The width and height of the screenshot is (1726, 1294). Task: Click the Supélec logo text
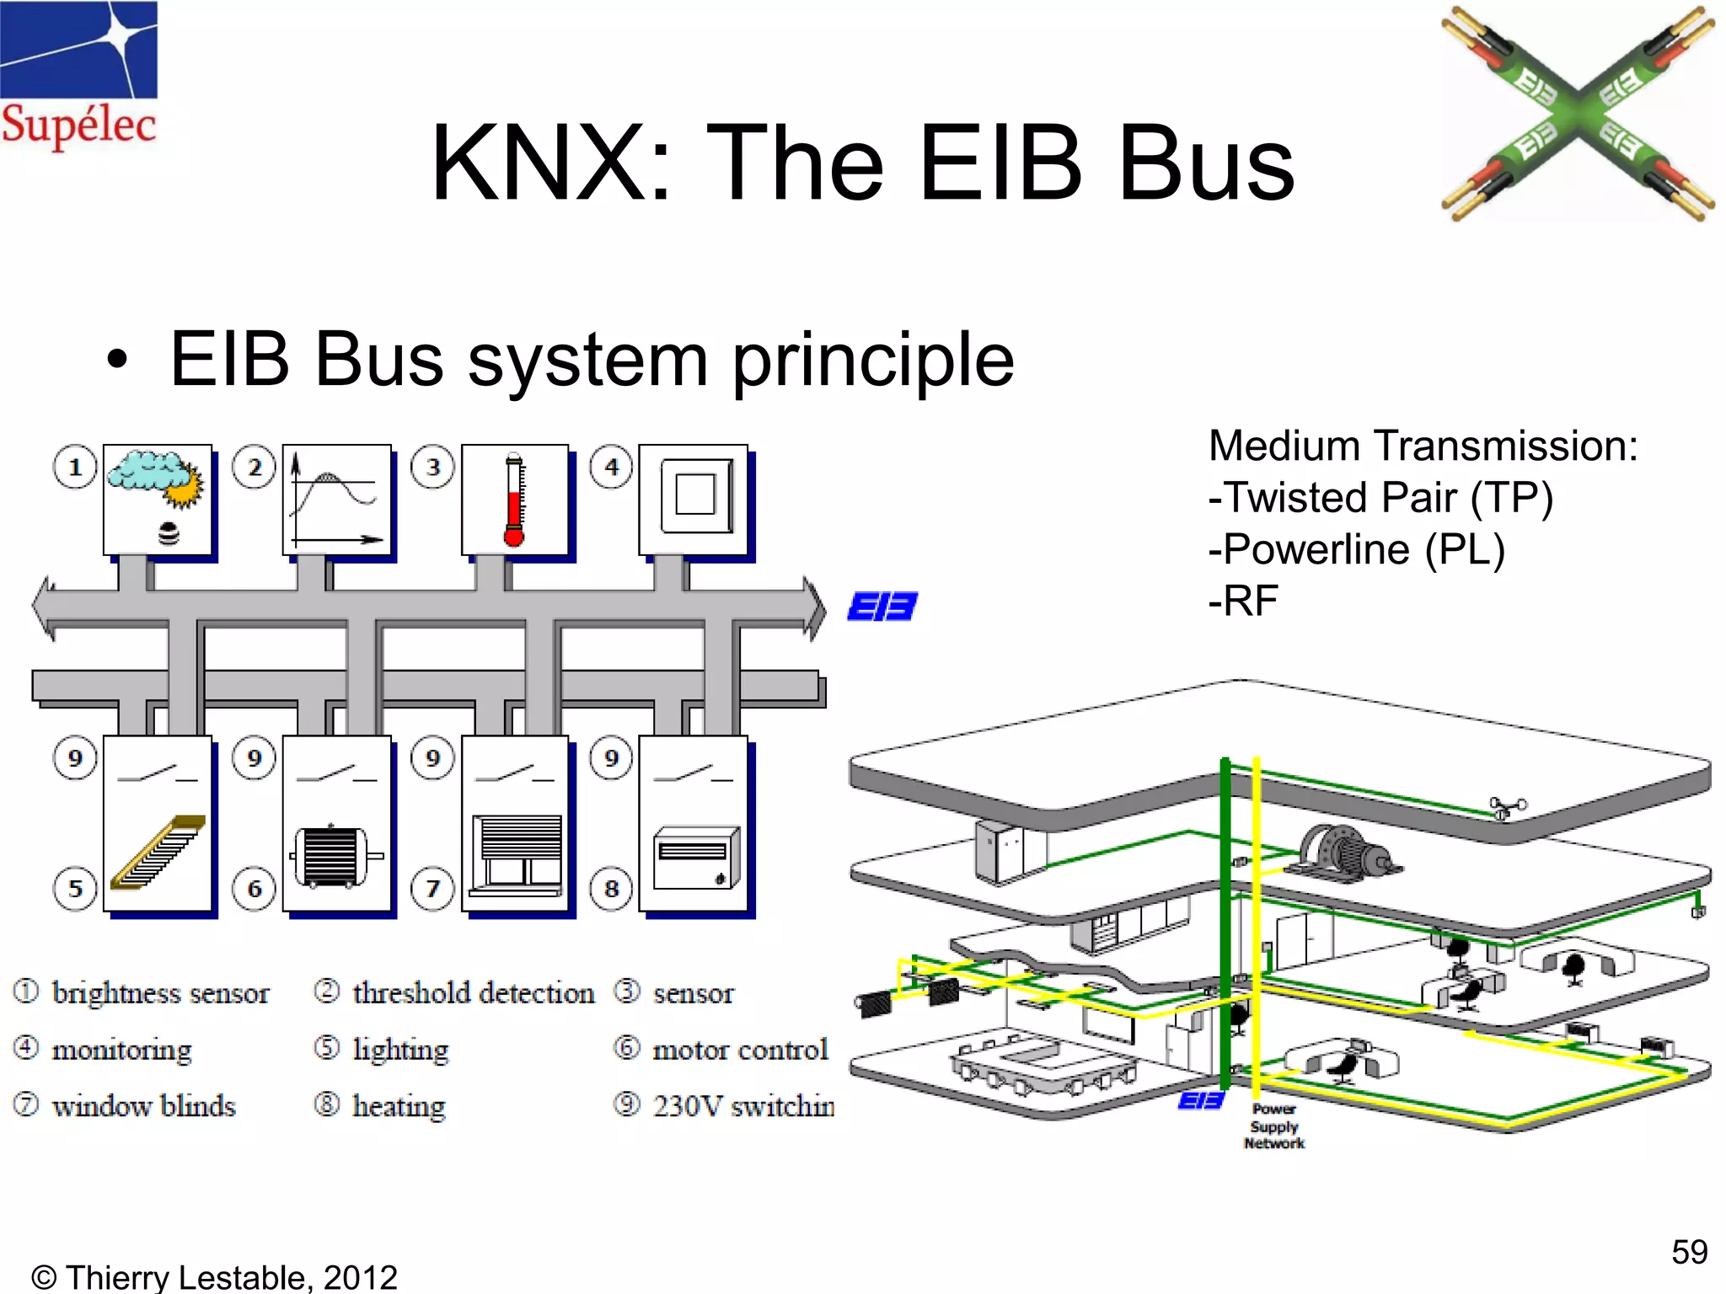tap(78, 125)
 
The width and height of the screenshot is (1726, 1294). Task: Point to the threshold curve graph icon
tap(336, 500)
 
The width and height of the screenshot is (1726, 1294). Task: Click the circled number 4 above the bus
tap(612, 467)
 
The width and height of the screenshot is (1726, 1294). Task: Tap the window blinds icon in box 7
tap(516, 853)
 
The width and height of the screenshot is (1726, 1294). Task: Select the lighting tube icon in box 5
tap(158, 853)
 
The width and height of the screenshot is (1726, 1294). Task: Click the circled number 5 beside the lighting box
tap(75, 888)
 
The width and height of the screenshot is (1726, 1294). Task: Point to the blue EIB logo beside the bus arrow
tap(882, 606)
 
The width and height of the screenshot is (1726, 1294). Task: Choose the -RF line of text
tap(1244, 601)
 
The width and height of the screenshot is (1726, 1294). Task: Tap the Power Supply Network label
tap(1273, 1126)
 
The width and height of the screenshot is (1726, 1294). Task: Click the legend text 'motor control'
tap(740, 1050)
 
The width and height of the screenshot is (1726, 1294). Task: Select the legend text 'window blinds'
tap(143, 1105)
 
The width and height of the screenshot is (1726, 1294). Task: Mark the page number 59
tap(1689, 1252)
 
